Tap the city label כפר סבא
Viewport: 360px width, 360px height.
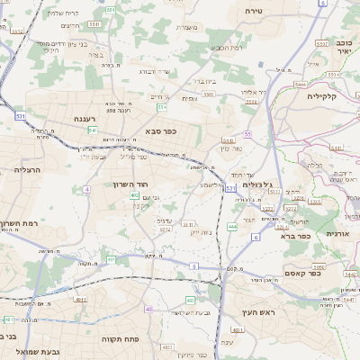[159, 130]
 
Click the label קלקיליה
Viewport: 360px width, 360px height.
[320, 95]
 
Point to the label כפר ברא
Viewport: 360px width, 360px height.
[295, 237]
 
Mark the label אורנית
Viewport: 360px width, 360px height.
[337, 233]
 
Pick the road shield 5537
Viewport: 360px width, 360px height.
[321, 42]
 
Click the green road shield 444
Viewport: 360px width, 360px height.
[232, 227]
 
